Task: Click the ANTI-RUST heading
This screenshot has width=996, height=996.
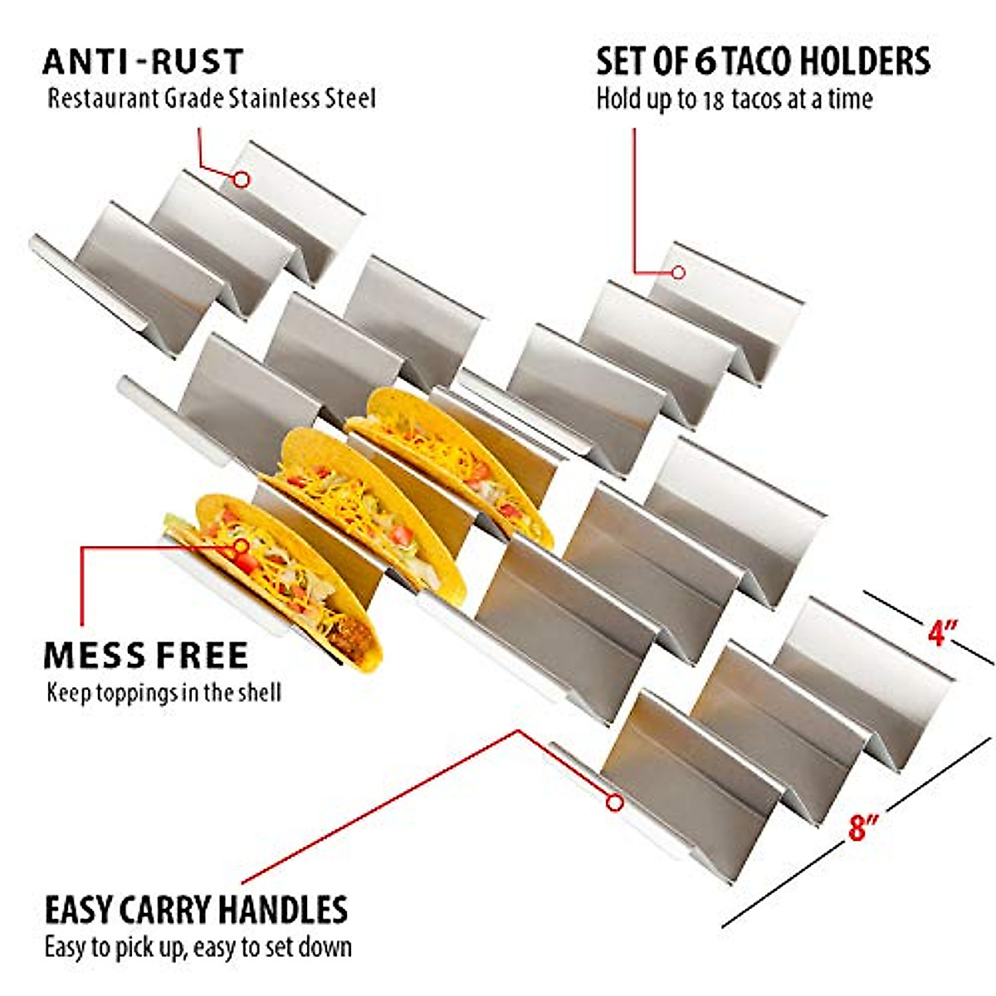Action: [x=143, y=62]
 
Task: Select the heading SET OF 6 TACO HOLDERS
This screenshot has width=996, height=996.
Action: [x=763, y=62]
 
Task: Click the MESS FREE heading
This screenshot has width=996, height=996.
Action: [x=146, y=656]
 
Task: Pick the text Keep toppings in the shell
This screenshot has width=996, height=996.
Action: [x=164, y=692]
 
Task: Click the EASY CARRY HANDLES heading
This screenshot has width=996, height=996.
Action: [x=196, y=910]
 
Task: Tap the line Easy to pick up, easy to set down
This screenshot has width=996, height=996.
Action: [x=198, y=947]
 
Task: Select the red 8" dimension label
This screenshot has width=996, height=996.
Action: [x=863, y=828]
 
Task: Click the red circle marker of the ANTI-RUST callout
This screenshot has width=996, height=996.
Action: [x=242, y=178]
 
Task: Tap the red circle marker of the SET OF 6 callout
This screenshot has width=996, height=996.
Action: [x=678, y=271]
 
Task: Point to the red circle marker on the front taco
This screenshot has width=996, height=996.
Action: [x=242, y=546]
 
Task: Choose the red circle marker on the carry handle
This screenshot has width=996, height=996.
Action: [x=614, y=803]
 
